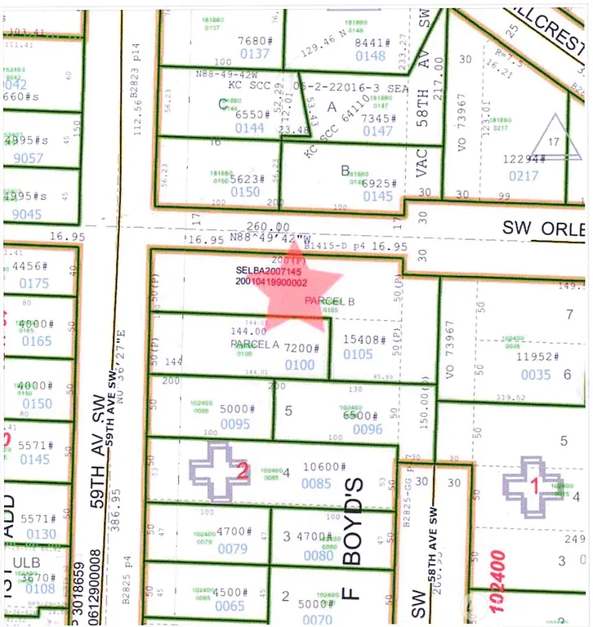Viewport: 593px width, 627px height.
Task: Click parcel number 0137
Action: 254,54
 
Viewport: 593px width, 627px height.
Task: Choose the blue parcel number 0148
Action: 370,56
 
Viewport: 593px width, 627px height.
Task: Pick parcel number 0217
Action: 524,176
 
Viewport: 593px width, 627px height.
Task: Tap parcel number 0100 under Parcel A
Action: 300,365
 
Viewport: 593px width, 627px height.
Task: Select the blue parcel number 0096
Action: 368,429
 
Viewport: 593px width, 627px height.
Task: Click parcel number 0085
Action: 316,483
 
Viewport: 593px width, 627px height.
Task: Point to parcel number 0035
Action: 536,375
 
